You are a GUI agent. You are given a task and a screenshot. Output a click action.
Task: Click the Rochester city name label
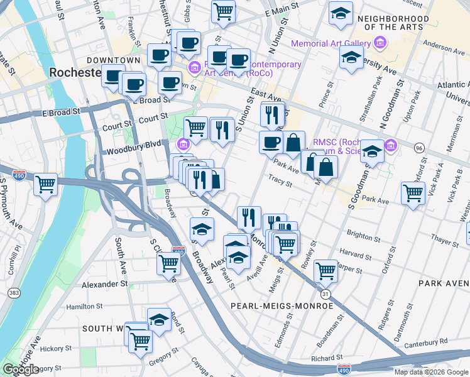click(x=75, y=73)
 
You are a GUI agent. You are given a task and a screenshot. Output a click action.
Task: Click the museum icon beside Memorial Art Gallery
click(x=379, y=43)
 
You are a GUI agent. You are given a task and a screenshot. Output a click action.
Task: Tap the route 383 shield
click(x=13, y=293)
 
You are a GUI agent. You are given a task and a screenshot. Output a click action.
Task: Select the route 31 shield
click(x=325, y=293)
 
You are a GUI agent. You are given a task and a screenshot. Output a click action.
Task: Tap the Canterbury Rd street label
click(x=425, y=341)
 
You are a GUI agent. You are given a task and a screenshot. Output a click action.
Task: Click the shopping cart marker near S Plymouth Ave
click(x=45, y=185)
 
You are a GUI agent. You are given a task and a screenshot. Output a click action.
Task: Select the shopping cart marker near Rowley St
click(x=325, y=271)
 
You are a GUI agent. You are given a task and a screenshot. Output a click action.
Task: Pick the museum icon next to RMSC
click(x=391, y=146)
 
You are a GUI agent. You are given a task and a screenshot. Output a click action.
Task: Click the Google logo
click(x=21, y=369)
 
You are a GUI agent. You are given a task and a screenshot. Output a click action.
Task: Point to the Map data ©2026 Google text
click(x=431, y=372)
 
